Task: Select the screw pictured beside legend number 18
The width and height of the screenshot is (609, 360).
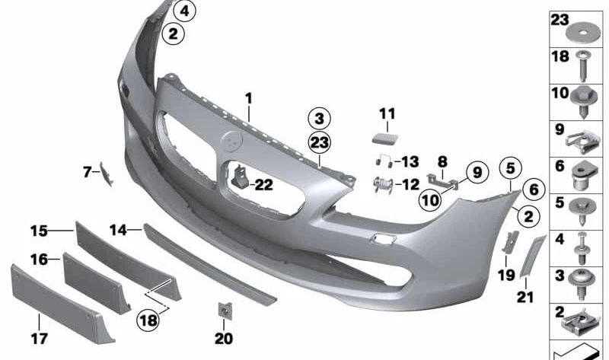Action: pyautogui.click(x=582, y=65)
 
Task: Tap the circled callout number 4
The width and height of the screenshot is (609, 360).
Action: pyautogui.click(x=184, y=11)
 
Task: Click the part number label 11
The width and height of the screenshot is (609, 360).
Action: pyautogui.click(x=387, y=113)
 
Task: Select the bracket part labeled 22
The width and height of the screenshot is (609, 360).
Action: pyautogui.click(x=241, y=177)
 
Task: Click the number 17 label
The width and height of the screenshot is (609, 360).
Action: pyautogui.click(x=40, y=338)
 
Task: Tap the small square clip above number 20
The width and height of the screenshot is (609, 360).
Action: pyautogui.click(x=225, y=311)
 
